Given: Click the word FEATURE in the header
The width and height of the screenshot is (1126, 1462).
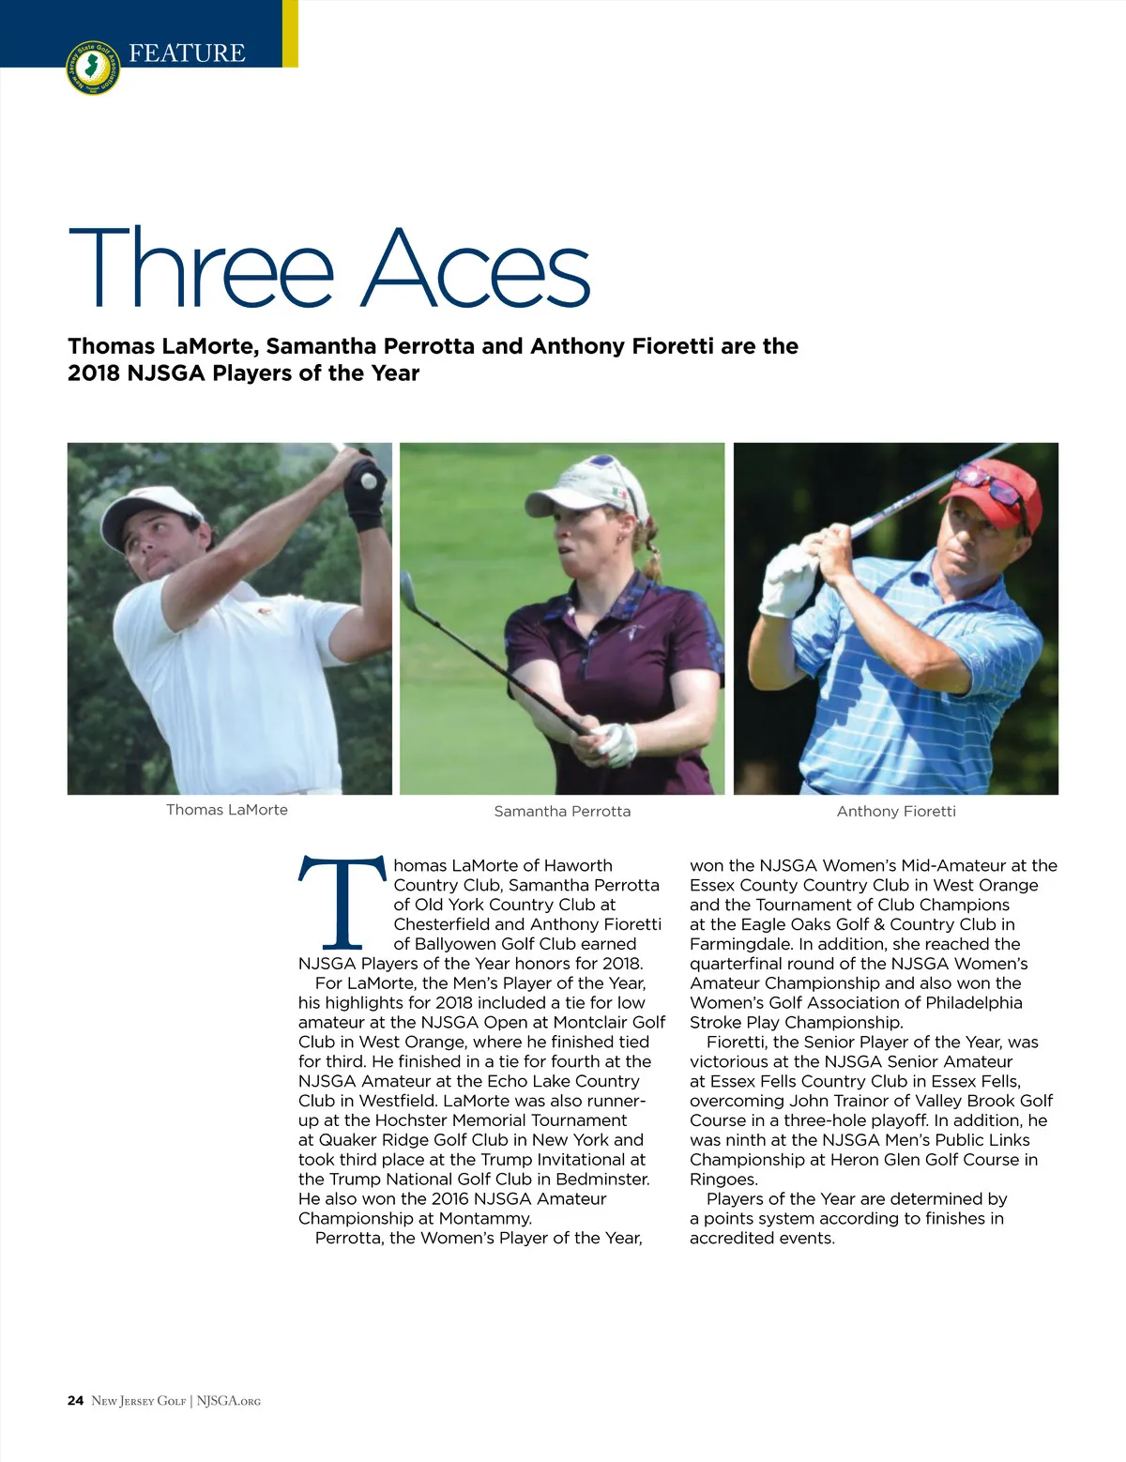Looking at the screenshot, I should [187, 53].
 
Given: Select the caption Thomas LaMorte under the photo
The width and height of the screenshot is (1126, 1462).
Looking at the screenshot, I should [227, 810].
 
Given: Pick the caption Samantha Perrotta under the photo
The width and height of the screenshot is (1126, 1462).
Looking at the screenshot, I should [562, 811].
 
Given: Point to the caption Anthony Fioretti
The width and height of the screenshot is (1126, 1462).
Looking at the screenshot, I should [896, 811].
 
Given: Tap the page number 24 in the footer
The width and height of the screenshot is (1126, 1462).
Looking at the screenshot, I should [75, 1401].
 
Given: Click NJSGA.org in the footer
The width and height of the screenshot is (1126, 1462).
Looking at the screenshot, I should [229, 1401].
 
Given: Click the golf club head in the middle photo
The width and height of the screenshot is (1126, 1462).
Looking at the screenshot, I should [408, 588].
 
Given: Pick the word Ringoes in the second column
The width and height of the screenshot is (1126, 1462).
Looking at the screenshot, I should [723, 1180].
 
